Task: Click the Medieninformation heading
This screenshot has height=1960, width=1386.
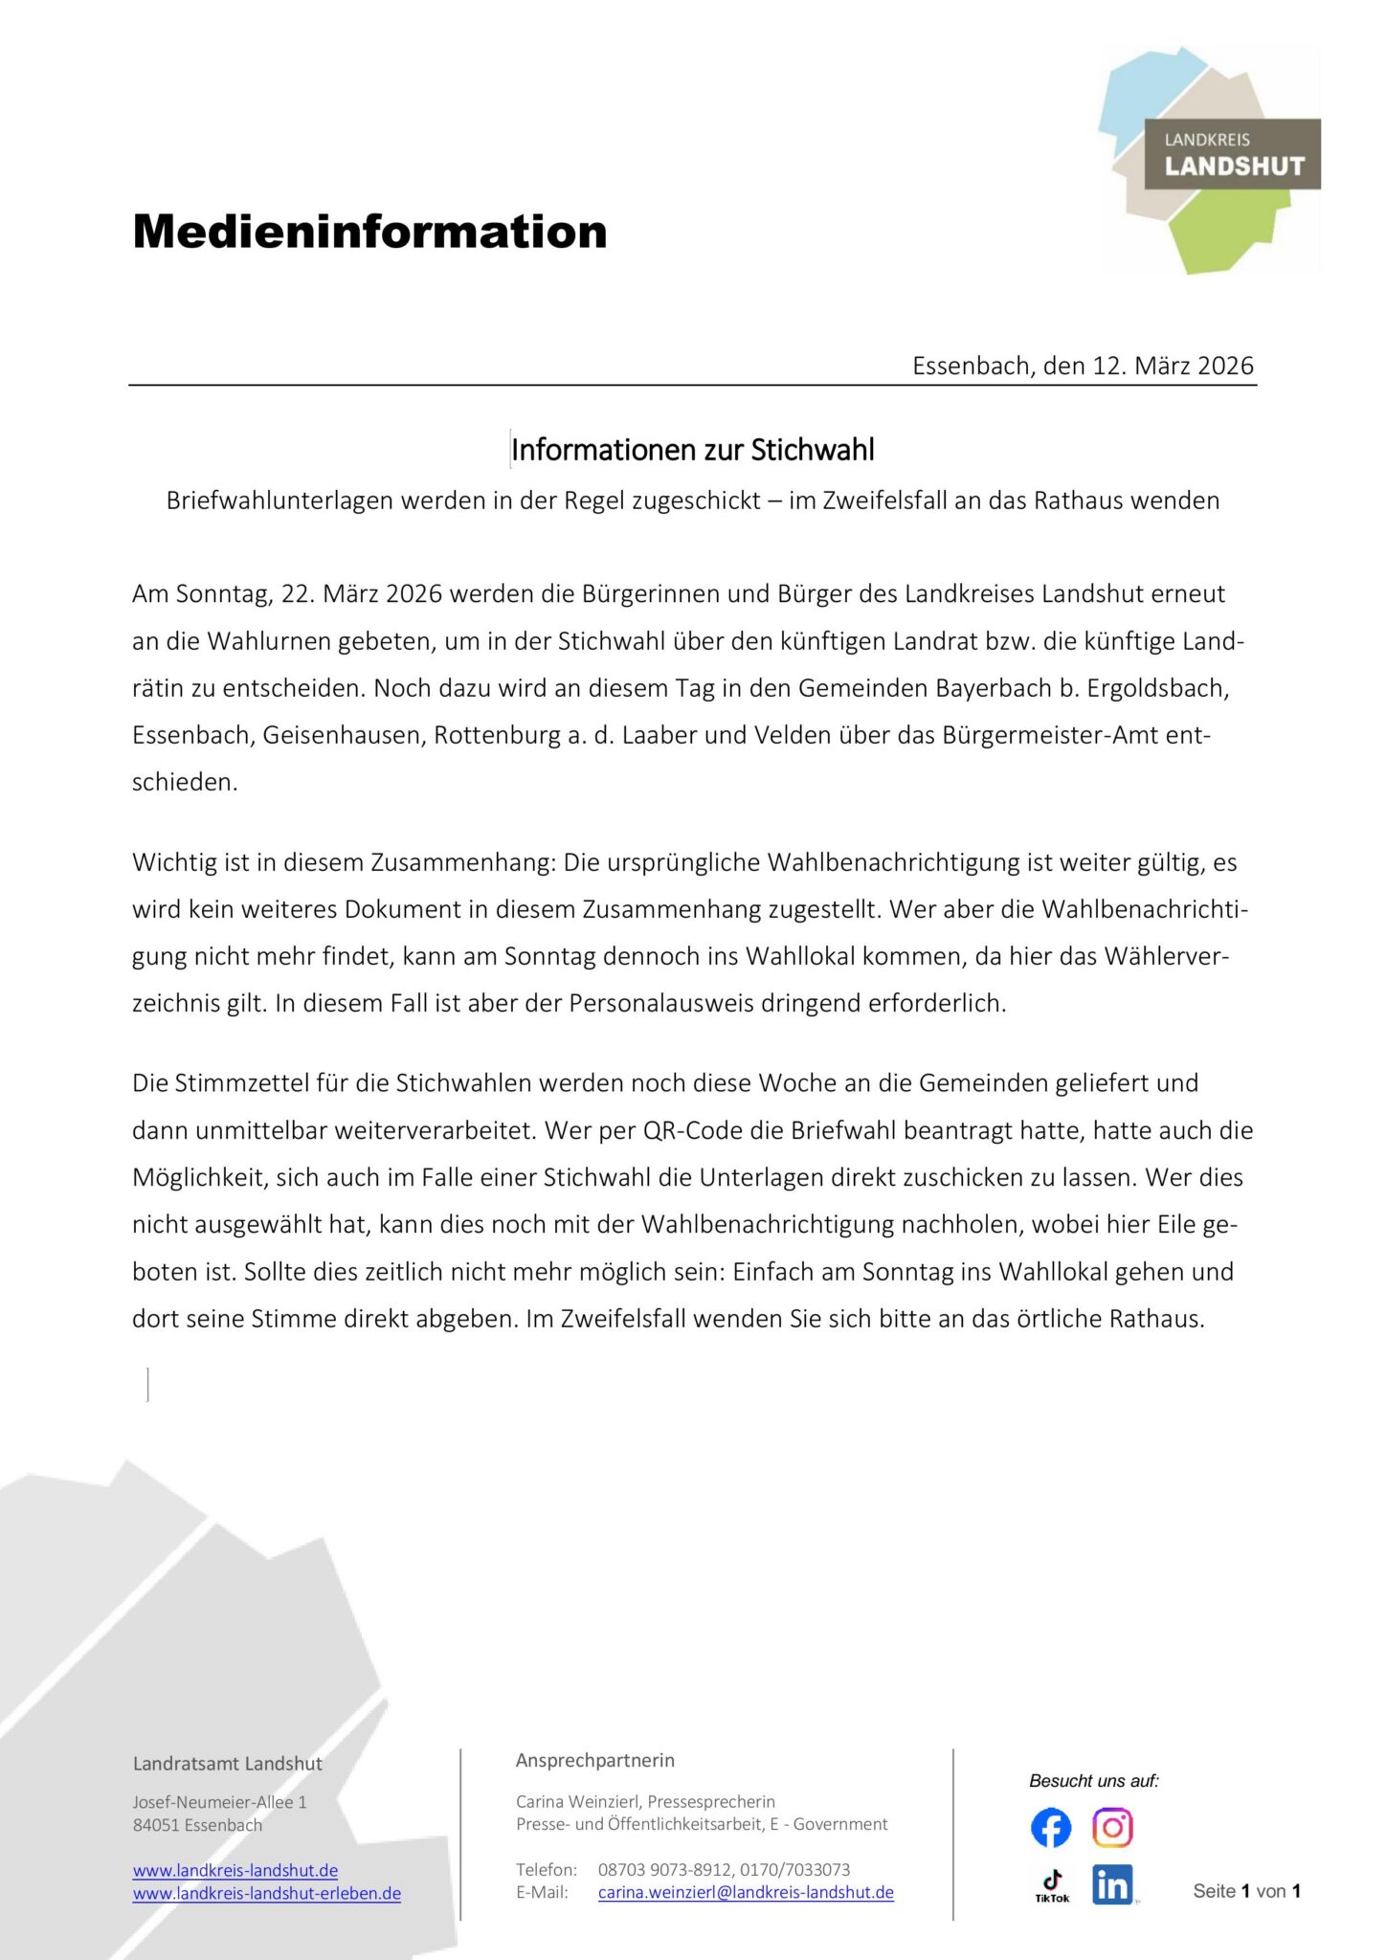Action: (369, 232)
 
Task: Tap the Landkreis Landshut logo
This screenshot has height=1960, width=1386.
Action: (1209, 158)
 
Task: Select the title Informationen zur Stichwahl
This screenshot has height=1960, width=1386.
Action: (692, 450)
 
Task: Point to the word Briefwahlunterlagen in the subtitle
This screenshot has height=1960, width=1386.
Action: (280, 501)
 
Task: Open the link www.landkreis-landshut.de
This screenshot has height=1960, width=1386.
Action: (235, 1870)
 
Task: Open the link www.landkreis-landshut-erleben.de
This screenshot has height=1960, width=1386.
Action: (267, 1893)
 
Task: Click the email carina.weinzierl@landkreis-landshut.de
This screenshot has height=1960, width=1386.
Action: (746, 1892)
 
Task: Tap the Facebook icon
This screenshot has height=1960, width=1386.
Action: (1051, 1828)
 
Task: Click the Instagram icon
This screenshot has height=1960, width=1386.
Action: (1112, 1828)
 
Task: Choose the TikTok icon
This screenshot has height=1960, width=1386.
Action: (1052, 1885)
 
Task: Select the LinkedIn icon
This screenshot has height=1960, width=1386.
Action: (1112, 1884)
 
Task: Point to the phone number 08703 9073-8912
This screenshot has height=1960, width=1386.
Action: (664, 1869)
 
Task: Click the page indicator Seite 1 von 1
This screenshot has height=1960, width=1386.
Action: (1246, 1891)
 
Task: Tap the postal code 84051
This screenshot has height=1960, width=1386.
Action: (156, 1825)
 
